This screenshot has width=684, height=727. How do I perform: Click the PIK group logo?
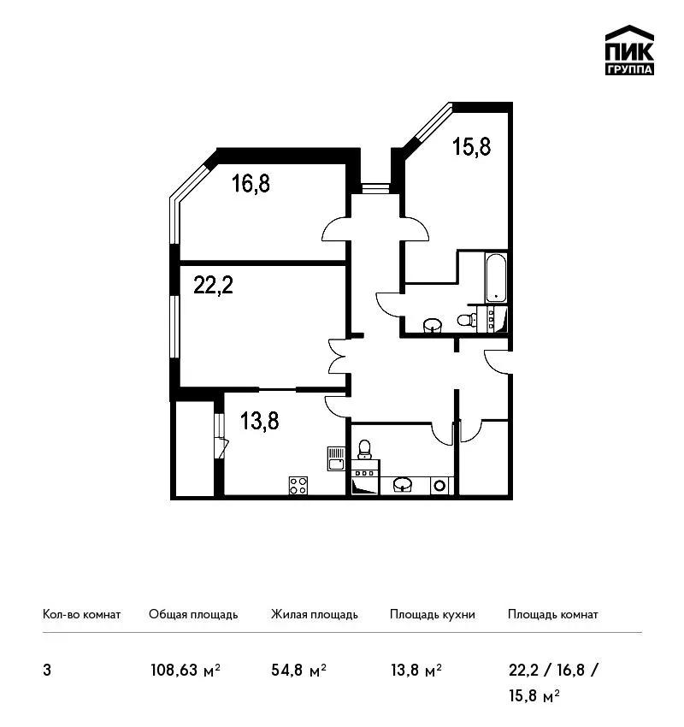629,50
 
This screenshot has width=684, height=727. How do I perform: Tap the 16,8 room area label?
251,183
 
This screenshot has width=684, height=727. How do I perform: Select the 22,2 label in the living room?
213,285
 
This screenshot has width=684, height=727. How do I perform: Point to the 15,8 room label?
471,146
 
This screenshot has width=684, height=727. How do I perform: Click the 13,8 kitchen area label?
260,422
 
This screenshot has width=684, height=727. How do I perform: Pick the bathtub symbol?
496,278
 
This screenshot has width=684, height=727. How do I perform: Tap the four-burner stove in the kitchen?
298,486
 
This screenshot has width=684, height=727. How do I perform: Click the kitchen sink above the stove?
336,458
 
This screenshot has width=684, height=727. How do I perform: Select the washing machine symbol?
440,486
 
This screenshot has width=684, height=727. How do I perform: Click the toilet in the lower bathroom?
365,449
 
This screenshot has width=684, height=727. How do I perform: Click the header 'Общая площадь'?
193,614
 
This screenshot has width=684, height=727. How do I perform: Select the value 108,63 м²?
186,670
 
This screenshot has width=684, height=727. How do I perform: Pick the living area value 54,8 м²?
299,670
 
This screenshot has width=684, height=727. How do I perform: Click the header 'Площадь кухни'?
433,614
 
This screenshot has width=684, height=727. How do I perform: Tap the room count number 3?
47,671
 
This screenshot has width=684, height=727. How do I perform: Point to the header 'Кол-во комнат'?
81,614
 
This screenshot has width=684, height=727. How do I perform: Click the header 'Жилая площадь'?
314,614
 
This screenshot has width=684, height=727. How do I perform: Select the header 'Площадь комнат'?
553,614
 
